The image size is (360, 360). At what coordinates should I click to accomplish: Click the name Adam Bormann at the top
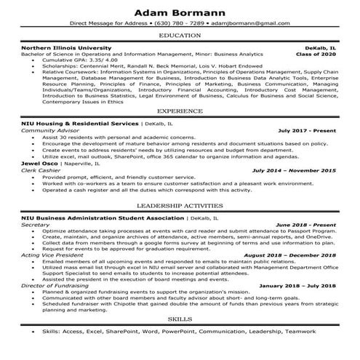pos(180,10)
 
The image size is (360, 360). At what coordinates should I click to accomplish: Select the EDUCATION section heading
pos(180,35)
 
